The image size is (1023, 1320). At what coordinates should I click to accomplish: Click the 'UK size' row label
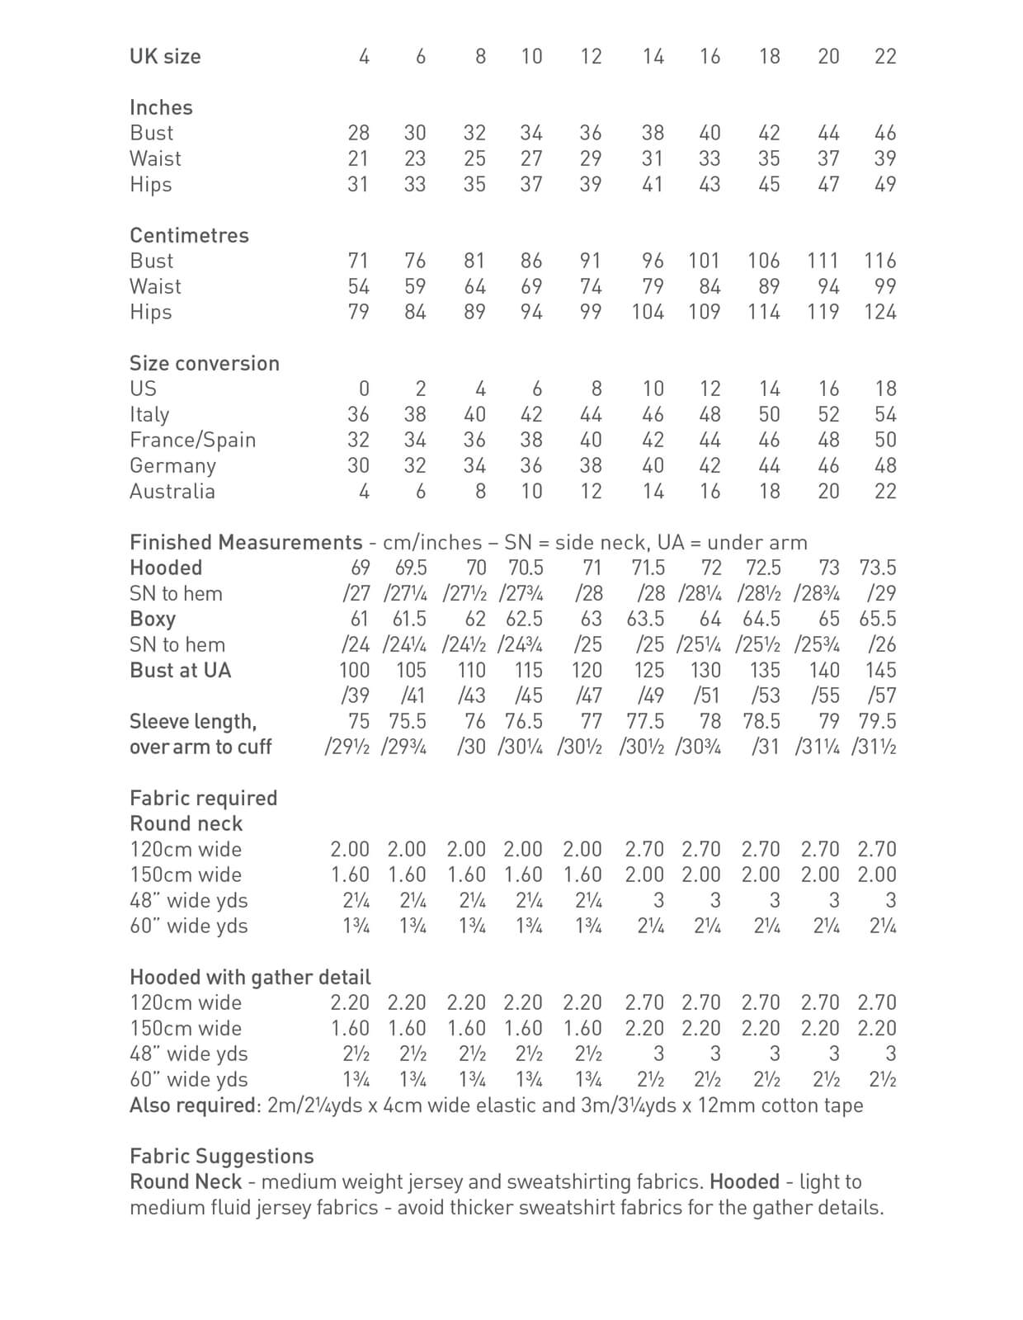tap(165, 57)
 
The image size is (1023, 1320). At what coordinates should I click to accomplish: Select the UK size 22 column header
tap(884, 57)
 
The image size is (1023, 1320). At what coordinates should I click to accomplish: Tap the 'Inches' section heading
tap(161, 108)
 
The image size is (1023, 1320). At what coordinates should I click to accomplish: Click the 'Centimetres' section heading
tap(189, 236)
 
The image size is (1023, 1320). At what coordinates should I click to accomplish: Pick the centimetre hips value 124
tap(879, 313)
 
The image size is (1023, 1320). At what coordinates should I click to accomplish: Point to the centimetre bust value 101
tap(704, 262)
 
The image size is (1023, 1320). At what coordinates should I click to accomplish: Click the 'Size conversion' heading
tap(205, 364)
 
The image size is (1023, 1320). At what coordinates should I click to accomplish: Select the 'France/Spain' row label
tap(192, 441)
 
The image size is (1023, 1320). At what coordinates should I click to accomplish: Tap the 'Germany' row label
tap(172, 466)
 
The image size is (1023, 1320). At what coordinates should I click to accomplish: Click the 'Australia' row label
tap(172, 492)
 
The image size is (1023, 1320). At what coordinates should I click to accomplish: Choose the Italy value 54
tap(884, 415)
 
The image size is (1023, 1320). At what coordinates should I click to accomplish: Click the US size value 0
tap(364, 389)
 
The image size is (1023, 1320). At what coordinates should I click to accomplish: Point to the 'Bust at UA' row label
tap(180, 671)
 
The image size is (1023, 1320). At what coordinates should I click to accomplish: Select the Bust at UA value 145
tap(880, 671)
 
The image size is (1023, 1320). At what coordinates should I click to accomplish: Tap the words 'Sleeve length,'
tap(193, 722)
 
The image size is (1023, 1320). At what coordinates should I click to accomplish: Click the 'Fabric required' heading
tap(203, 799)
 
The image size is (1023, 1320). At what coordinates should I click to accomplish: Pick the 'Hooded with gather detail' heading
tap(250, 978)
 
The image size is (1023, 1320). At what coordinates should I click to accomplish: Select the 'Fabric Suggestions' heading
tap(222, 1157)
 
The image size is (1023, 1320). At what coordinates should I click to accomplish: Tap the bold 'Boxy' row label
tap(153, 620)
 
